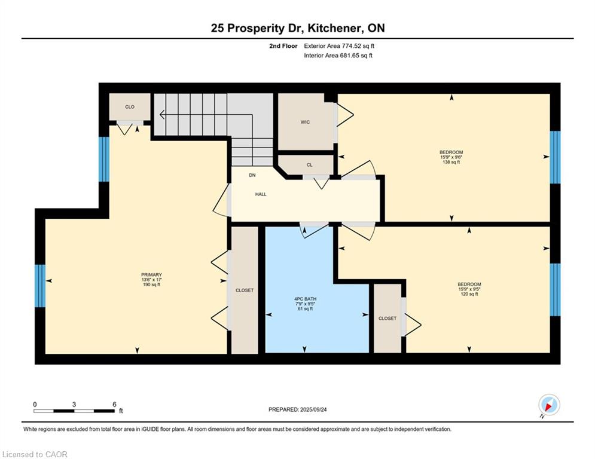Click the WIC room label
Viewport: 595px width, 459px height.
[x=305, y=122]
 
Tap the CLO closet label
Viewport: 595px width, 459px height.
[x=130, y=107]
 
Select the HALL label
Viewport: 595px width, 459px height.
[x=261, y=194]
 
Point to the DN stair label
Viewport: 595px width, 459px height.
[x=252, y=175]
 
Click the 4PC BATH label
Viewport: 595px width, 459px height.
[x=305, y=299]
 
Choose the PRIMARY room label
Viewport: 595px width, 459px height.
[x=151, y=275]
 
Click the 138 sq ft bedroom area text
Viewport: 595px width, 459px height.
[x=451, y=162]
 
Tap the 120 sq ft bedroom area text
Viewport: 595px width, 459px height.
[x=469, y=294]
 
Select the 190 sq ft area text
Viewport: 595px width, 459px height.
[x=151, y=284]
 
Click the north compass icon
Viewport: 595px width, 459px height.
[x=549, y=405]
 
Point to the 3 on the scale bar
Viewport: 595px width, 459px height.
[x=74, y=405]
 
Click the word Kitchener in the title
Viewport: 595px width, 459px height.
[x=334, y=28]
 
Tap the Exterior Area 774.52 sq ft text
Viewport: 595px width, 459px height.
[x=339, y=46]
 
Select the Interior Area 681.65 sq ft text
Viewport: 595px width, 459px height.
[x=338, y=56]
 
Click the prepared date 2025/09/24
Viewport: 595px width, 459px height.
[x=313, y=409]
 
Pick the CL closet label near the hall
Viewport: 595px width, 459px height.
[x=310, y=165]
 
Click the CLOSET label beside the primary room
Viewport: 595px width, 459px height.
[x=245, y=290]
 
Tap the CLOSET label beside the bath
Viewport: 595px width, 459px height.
[x=387, y=319]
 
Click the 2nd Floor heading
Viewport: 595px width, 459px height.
[x=283, y=46]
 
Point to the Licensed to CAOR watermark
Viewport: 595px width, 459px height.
[x=35, y=454]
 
